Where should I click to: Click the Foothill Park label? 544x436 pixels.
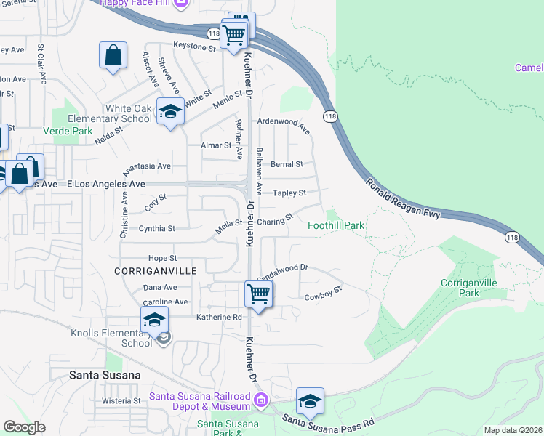[336, 225]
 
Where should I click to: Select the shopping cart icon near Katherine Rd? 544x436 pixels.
[258, 295]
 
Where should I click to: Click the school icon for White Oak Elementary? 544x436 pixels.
[170, 112]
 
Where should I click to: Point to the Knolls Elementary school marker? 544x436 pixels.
[154, 320]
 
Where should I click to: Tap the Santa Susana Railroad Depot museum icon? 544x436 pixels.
[260, 399]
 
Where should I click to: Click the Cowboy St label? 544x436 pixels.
[323, 295]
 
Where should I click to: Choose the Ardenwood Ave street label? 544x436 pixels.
[284, 126]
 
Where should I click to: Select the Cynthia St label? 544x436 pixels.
[156, 228]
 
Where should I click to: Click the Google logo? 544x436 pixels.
[24, 427]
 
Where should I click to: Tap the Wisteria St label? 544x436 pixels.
[121, 400]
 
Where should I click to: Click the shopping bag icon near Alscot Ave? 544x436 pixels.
[113, 55]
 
